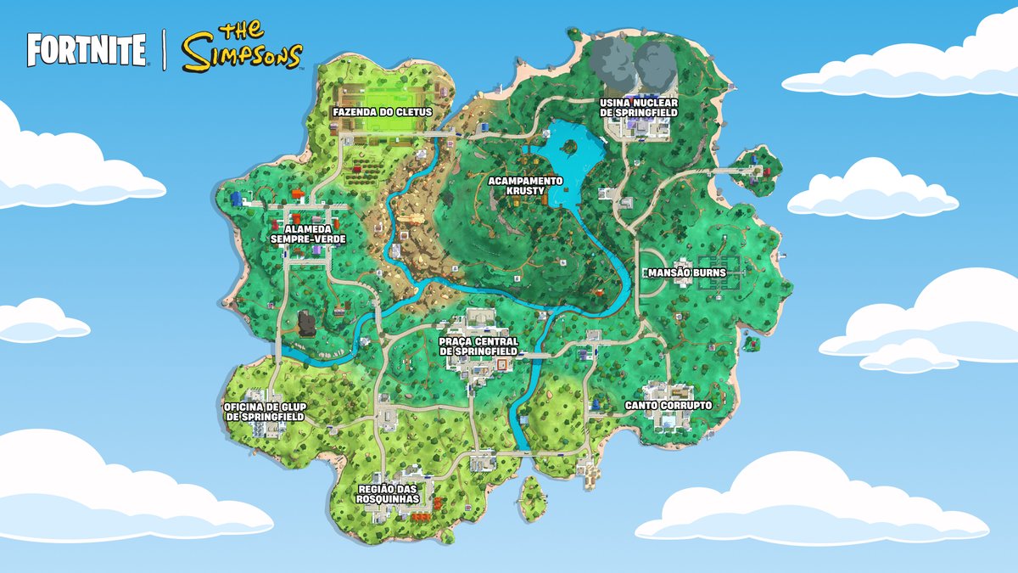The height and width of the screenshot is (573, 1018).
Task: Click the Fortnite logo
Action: tap(86, 51)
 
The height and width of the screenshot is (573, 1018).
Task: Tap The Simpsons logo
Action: tap(243, 48)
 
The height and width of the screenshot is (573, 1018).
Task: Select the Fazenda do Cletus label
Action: tap(382, 112)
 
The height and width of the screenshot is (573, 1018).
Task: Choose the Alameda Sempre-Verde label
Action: tap(308, 234)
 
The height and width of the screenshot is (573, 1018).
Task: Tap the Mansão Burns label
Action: tap(686, 273)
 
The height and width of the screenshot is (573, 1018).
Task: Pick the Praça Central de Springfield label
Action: tap(478, 346)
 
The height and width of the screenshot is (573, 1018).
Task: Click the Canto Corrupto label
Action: tap(668, 406)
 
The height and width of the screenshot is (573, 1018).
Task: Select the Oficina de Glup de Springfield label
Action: tap(264, 412)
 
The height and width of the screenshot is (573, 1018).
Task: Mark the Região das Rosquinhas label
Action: tap(389, 495)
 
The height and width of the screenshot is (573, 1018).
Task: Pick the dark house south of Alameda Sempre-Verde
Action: tap(306, 323)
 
